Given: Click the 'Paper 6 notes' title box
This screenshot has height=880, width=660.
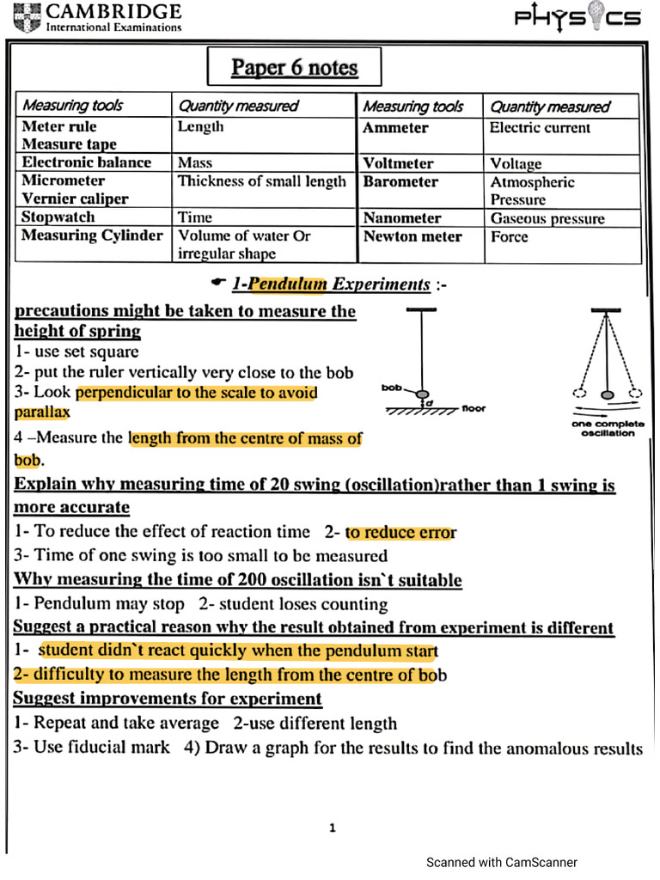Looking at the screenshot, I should [x=294, y=68].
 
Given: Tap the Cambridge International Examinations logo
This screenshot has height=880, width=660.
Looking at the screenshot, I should [x=99, y=16].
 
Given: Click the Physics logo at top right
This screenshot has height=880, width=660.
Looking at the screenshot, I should [x=577, y=18].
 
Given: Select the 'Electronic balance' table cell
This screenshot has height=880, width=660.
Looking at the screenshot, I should [x=86, y=162].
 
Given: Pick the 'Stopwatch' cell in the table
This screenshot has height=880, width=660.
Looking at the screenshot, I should [x=58, y=217].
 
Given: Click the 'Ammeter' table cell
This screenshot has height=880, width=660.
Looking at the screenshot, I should [x=395, y=128].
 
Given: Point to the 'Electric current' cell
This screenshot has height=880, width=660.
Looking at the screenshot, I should [x=540, y=128].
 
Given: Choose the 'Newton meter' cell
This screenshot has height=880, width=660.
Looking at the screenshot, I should [x=412, y=236].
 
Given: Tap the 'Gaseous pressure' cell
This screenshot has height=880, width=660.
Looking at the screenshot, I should [x=547, y=218].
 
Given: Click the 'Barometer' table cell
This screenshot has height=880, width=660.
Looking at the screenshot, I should [x=400, y=182].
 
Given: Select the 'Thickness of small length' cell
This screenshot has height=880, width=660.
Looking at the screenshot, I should [x=262, y=181].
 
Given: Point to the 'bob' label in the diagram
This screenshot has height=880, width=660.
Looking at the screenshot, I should [x=391, y=389].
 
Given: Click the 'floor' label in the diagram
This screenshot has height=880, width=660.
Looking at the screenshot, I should [x=474, y=409].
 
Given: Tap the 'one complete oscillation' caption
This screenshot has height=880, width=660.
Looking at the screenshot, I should [x=608, y=428].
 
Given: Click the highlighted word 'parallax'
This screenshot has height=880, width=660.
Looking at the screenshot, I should [x=42, y=412].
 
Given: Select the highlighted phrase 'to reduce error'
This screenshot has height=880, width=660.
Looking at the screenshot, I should [x=400, y=532].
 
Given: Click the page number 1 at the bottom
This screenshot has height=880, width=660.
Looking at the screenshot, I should [x=333, y=828].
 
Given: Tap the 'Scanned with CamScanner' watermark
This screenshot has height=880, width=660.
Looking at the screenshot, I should [x=502, y=862].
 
